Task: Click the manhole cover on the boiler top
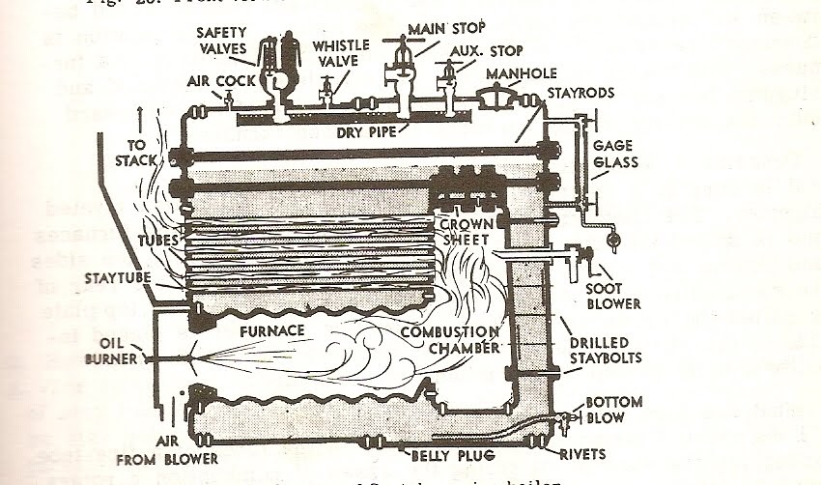[x=494, y=94]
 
